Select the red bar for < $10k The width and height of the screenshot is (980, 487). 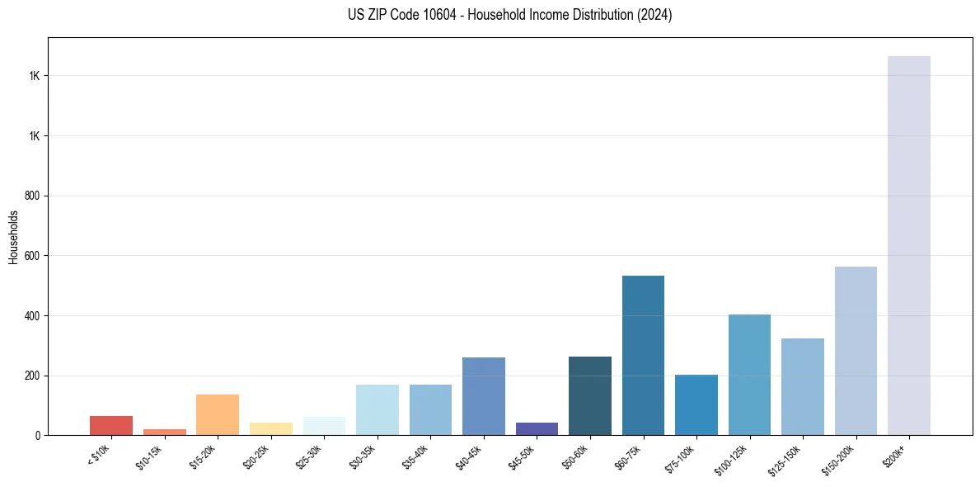(x=111, y=426)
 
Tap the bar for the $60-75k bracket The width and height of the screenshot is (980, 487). (x=643, y=355)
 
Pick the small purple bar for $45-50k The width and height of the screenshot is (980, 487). (x=537, y=429)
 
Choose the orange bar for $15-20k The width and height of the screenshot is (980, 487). (x=218, y=414)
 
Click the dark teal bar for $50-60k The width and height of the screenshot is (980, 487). (x=590, y=395)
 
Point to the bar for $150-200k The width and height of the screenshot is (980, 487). (x=856, y=351)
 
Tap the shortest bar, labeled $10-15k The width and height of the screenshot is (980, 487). (x=165, y=432)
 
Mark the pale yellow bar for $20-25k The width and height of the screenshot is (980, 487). (x=271, y=429)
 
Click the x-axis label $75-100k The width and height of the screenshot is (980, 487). (x=679, y=456)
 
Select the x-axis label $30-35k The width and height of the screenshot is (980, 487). (x=362, y=456)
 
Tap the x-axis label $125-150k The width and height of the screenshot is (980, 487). (x=785, y=458)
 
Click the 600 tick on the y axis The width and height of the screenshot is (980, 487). (x=34, y=256)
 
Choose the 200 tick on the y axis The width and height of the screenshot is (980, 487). (x=34, y=376)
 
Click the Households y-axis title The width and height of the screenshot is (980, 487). (x=13, y=237)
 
